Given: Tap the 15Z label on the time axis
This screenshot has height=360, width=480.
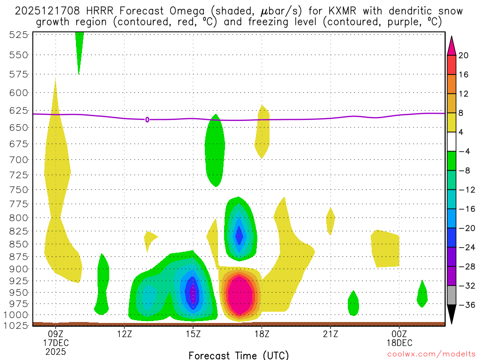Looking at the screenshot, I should coord(193,334).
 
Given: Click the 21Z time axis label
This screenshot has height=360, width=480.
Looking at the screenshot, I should coord(330,334).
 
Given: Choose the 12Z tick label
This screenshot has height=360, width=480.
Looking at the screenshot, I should coord(124,334).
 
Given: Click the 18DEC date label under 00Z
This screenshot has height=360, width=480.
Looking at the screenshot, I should coord(399,342).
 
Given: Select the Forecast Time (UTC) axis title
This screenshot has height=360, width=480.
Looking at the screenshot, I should coord(239,355).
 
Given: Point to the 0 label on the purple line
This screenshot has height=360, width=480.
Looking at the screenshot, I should coord(147,120).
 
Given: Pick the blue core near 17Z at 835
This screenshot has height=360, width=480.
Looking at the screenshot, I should coord(240,235).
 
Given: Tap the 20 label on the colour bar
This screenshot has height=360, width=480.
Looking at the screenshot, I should coord(464,55).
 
